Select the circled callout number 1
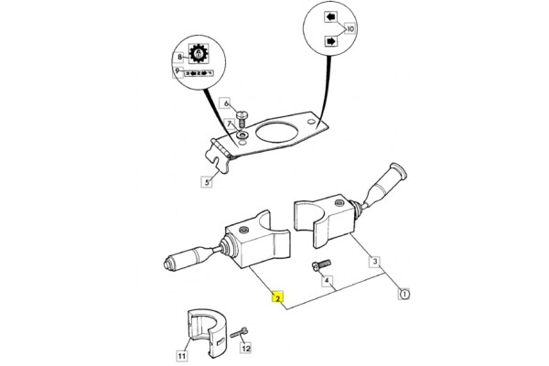(x=404, y=294)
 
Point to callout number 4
(x=326, y=283)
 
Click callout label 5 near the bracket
(x=207, y=182)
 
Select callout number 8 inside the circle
(x=180, y=57)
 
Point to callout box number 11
(x=181, y=355)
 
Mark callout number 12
(x=245, y=349)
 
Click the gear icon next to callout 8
(x=199, y=55)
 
